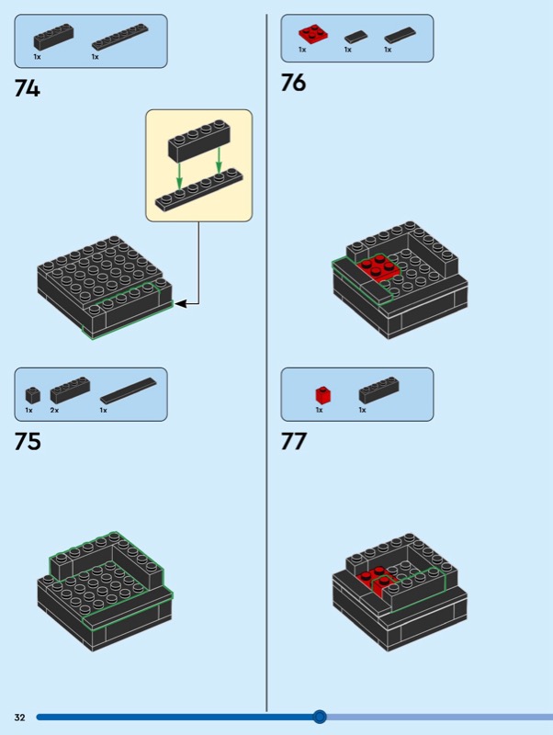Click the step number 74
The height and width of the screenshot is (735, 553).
28,89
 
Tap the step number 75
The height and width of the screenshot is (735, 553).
28,441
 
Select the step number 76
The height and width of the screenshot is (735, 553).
294,84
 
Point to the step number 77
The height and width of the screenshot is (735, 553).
294,441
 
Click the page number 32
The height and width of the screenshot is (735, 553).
19,717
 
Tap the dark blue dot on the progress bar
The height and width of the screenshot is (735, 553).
320,717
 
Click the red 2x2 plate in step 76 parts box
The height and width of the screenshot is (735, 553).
313,35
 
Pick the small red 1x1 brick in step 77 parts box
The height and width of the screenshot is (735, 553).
323,394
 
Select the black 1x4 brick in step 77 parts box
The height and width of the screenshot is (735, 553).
378,390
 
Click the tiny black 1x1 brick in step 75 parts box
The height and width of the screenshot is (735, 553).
33,395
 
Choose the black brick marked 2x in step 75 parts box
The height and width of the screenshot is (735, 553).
70,390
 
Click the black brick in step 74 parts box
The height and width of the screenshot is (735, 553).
53,38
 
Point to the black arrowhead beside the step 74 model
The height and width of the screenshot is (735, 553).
180,302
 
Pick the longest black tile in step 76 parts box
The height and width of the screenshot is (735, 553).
401,36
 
